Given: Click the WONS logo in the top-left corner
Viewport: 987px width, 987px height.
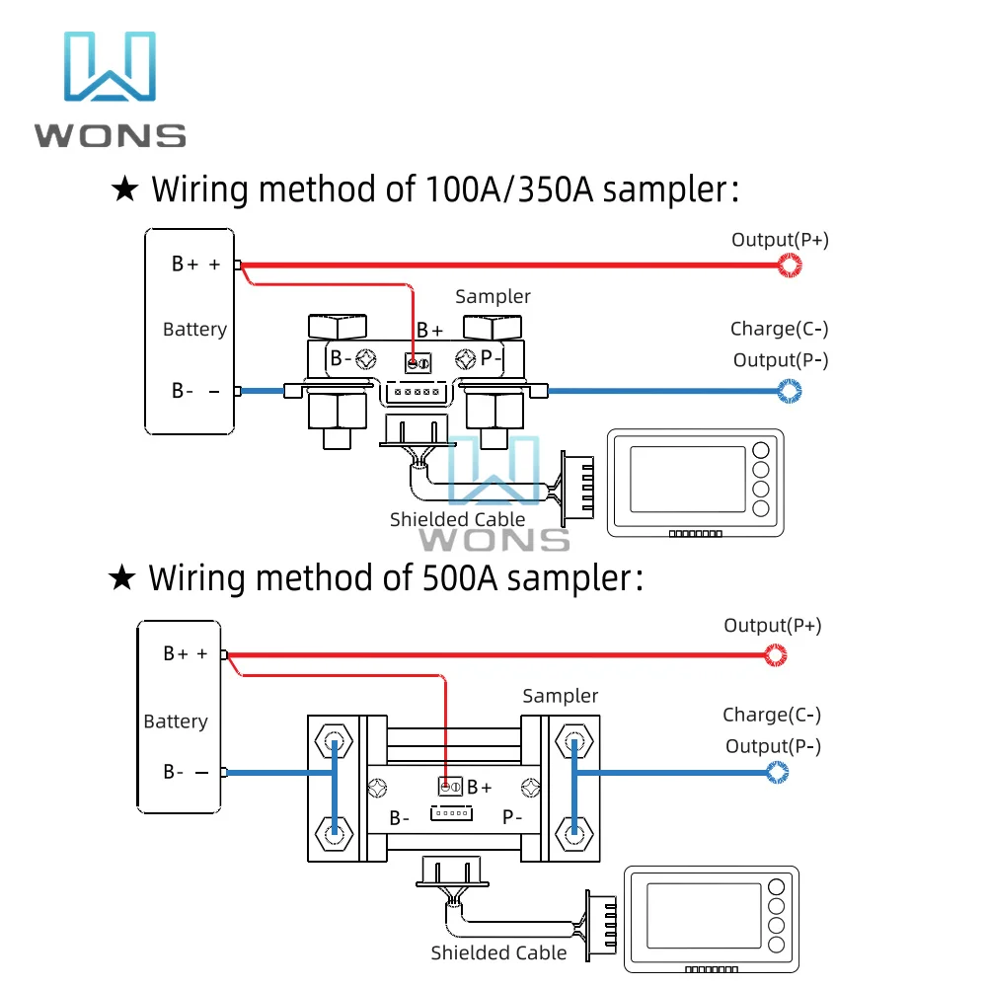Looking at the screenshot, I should [x=111, y=89].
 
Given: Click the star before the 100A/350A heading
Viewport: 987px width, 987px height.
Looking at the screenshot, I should [x=125, y=189].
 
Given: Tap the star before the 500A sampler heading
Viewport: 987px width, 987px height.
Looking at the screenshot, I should [x=122, y=578].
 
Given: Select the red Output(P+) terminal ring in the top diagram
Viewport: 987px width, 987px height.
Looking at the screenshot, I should [x=790, y=265].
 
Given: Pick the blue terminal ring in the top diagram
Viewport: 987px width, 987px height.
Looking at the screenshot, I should [x=790, y=392].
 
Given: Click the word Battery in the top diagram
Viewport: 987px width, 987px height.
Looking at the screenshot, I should [x=194, y=330].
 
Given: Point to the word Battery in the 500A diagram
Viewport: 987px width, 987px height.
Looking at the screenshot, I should [x=176, y=721].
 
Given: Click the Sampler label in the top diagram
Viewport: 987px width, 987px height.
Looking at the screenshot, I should [x=493, y=296].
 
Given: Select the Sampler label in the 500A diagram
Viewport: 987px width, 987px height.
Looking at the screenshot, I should [x=561, y=696].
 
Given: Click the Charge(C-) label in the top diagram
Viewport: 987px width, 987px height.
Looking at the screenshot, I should [x=780, y=329].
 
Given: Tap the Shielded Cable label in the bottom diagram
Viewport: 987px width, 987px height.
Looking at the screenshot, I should [x=498, y=952].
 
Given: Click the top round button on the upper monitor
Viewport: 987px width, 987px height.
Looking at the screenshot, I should [x=760, y=450].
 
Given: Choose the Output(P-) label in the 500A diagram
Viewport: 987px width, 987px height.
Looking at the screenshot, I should [x=773, y=746].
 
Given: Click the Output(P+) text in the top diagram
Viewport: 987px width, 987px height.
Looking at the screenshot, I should [x=780, y=240].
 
